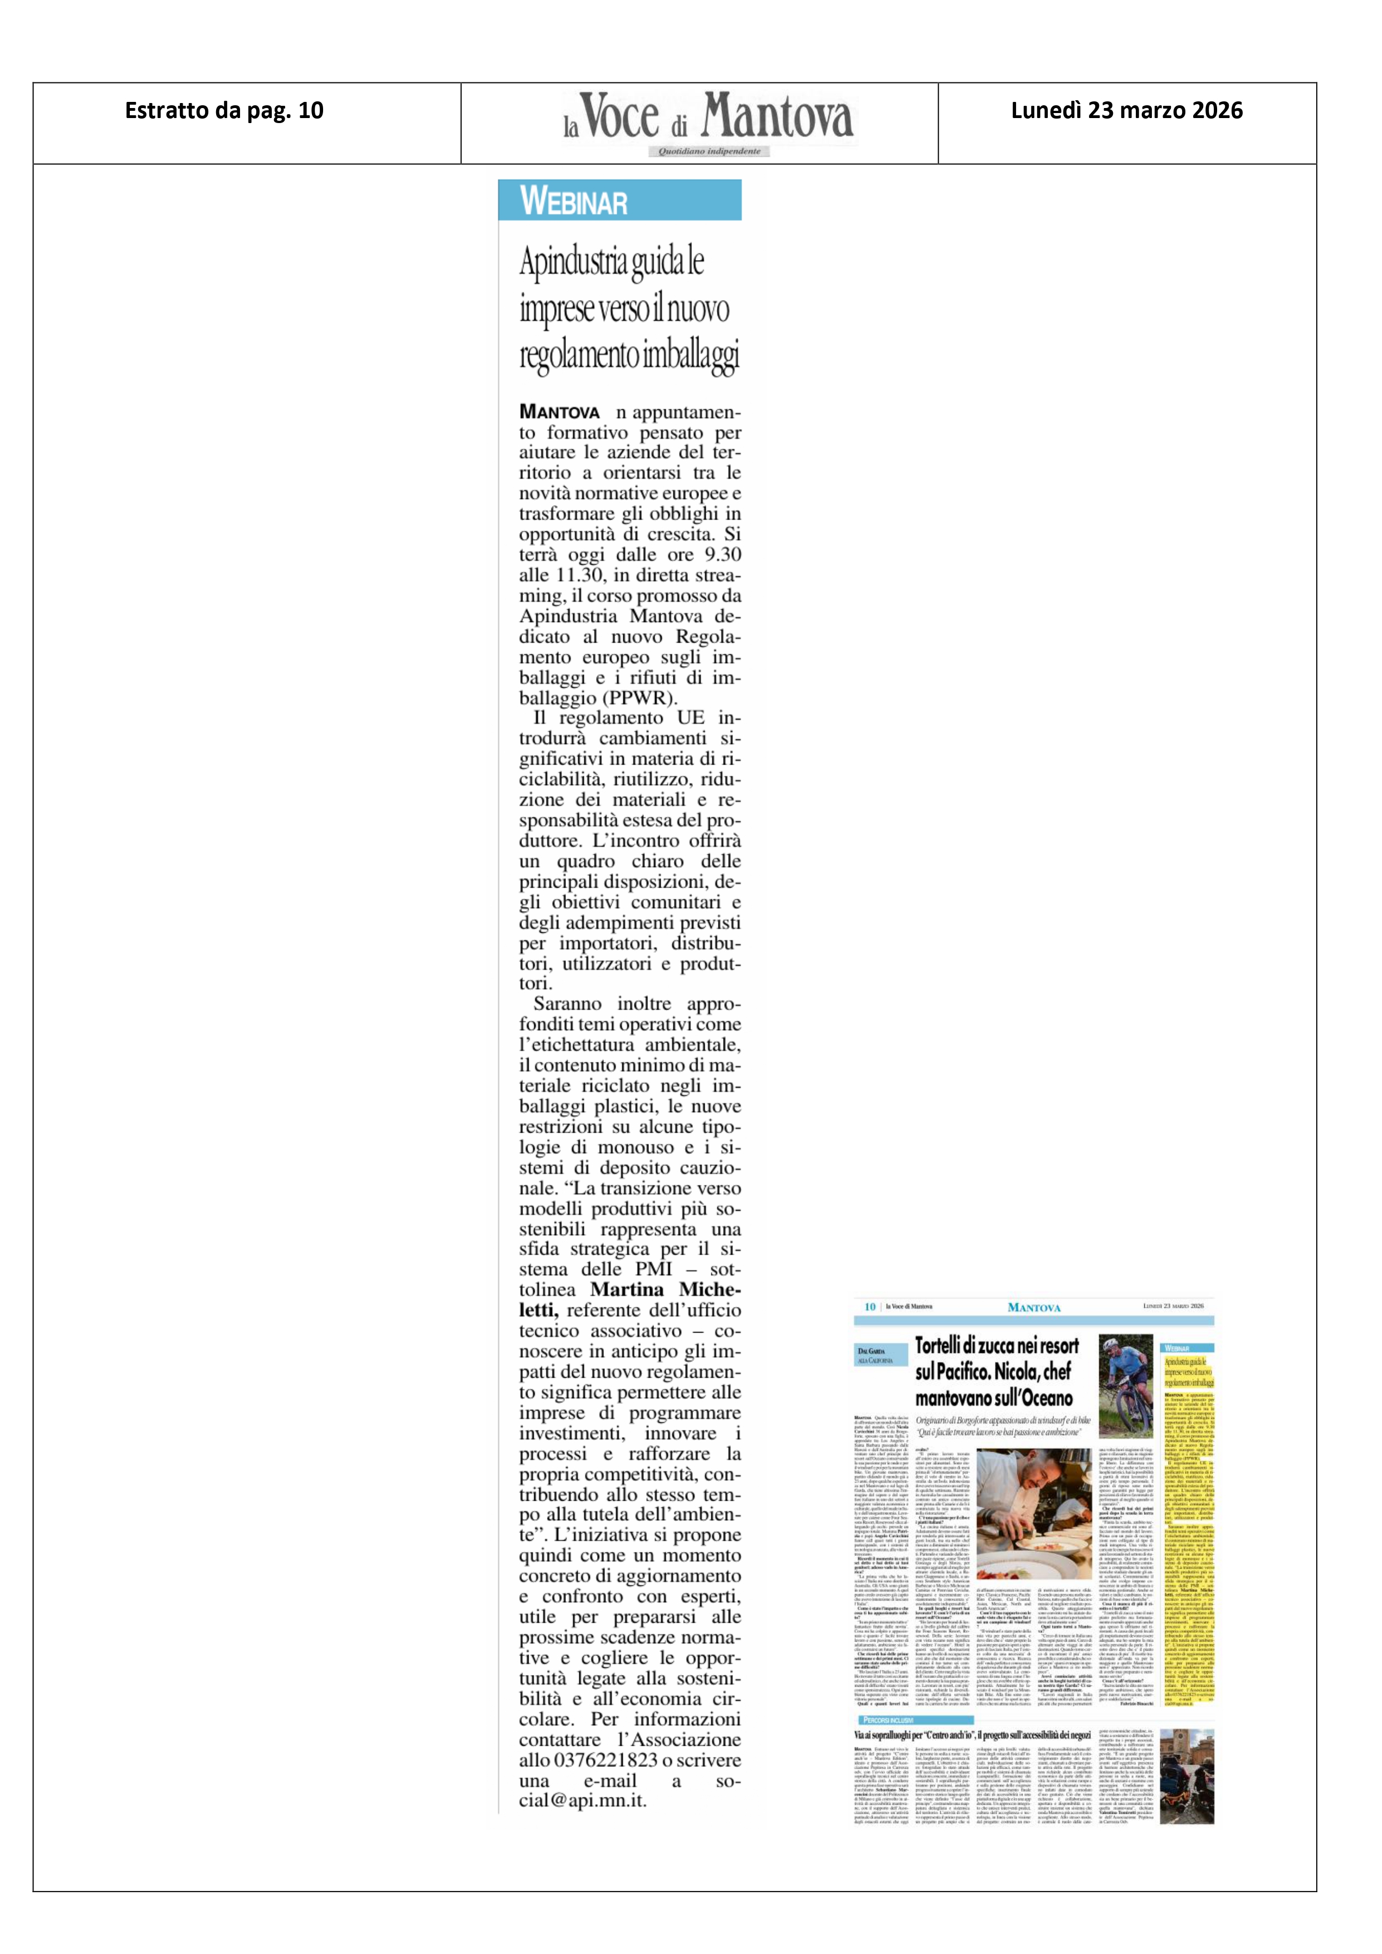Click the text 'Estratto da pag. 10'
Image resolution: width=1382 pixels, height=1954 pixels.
(x=224, y=111)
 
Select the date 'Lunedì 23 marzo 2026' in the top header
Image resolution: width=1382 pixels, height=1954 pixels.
(x=1126, y=111)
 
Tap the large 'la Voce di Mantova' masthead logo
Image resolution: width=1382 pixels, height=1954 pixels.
(x=707, y=117)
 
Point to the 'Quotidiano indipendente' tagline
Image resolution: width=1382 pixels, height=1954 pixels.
(x=709, y=151)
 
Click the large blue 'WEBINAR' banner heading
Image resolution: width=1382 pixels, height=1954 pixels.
(x=574, y=202)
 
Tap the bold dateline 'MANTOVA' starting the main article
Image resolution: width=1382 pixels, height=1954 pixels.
(x=559, y=413)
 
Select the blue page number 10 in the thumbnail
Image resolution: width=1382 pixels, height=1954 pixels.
(x=870, y=1306)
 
